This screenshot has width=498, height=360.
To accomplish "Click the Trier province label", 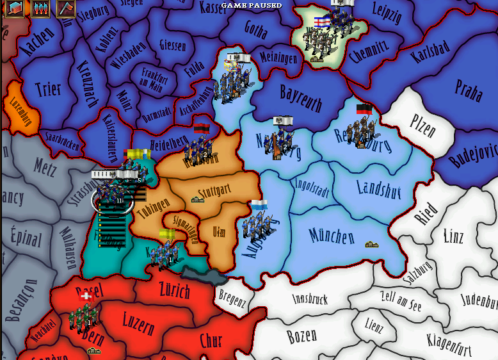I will (48, 89).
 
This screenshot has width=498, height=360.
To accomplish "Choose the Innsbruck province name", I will (310, 299).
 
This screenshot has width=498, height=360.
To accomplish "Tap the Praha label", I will (469, 92).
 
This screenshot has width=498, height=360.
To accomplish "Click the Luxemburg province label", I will (21, 113).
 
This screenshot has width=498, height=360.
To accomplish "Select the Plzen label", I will (422, 126).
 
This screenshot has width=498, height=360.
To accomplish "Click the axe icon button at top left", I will (65, 8).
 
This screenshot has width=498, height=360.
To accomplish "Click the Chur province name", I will (211, 340).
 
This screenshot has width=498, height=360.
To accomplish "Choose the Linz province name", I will (453, 236).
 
